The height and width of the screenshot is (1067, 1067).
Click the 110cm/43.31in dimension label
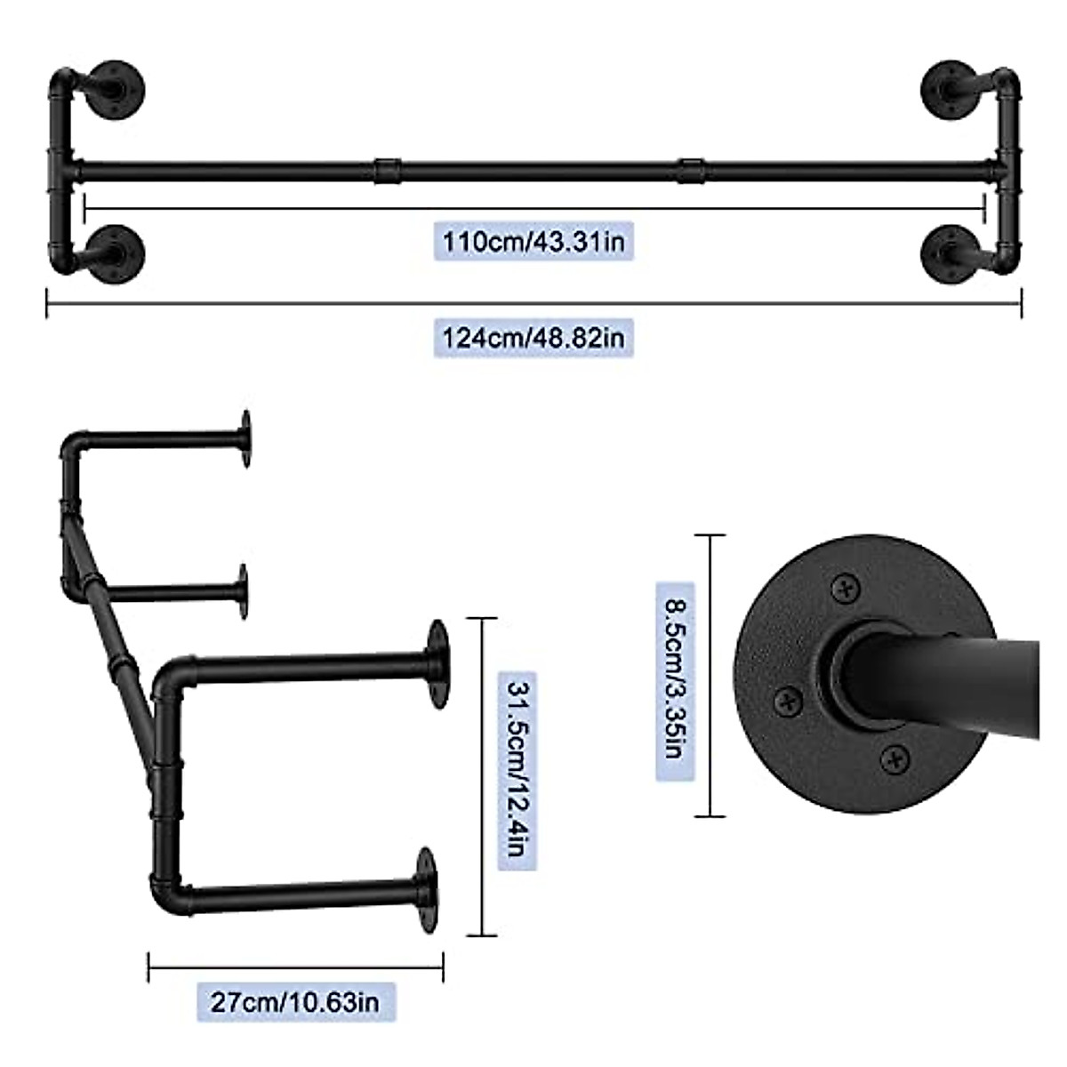[533, 241]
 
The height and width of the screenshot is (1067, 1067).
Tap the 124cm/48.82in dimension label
[533, 338]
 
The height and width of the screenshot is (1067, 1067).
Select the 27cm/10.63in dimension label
[295, 1002]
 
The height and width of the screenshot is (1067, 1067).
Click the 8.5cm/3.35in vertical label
[675, 680]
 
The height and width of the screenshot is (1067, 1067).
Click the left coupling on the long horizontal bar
[387, 169]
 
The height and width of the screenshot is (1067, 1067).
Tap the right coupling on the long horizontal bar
[691, 169]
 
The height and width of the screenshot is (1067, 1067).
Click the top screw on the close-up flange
[843, 588]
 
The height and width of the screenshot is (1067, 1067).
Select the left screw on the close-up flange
[788, 702]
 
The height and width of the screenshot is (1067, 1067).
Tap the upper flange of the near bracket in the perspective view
[437, 662]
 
